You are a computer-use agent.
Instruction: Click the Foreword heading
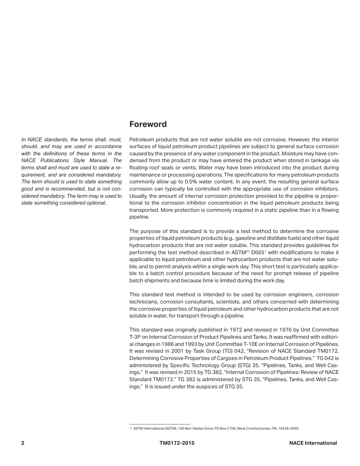click(x=148, y=124)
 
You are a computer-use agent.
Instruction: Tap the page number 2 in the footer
click(x=23, y=443)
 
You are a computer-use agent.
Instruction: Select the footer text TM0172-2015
click(x=177, y=443)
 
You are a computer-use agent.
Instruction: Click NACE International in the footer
click(x=313, y=443)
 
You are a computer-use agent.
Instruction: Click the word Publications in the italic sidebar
click(x=53, y=161)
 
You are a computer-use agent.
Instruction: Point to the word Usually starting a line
click(x=139, y=196)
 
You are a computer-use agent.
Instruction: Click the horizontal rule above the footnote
click(x=160, y=424)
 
